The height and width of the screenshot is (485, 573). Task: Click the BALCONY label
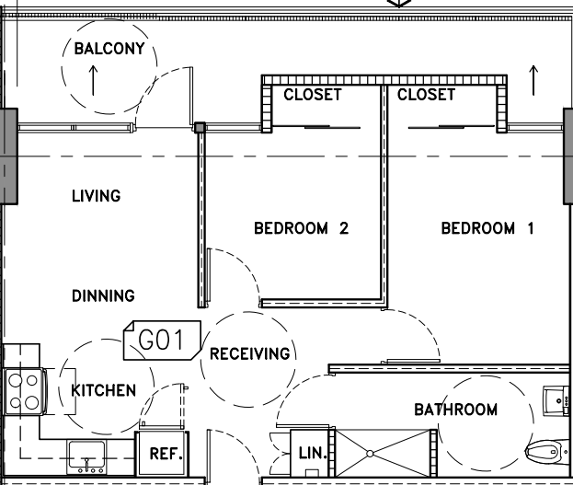click(x=109, y=49)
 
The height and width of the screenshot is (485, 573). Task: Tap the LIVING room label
click(x=96, y=196)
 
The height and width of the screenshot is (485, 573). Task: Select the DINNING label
click(x=103, y=296)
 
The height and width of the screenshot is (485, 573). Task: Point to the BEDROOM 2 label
click(x=301, y=228)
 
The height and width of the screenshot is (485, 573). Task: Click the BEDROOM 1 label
click(x=487, y=228)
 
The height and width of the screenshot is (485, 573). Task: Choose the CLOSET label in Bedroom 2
click(x=313, y=95)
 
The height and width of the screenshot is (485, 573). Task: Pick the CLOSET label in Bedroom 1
click(x=426, y=95)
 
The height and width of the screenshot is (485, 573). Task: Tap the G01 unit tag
click(x=162, y=341)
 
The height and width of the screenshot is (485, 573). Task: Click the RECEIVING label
click(x=250, y=353)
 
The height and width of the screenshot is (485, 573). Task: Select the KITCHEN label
click(x=104, y=390)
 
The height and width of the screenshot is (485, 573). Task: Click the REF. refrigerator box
click(x=162, y=454)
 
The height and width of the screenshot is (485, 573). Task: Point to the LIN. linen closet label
click(x=313, y=454)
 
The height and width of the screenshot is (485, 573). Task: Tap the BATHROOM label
click(x=455, y=410)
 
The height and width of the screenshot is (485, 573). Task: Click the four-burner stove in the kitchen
click(x=24, y=392)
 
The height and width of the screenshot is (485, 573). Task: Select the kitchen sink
click(x=86, y=457)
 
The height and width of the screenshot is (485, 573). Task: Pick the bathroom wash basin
click(x=556, y=401)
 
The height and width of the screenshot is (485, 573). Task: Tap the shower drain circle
click(x=370, y=454)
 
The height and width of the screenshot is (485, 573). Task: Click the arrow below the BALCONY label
click(x=93, y=80)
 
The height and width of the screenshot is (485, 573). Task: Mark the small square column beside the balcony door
click(x=200, y=128)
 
